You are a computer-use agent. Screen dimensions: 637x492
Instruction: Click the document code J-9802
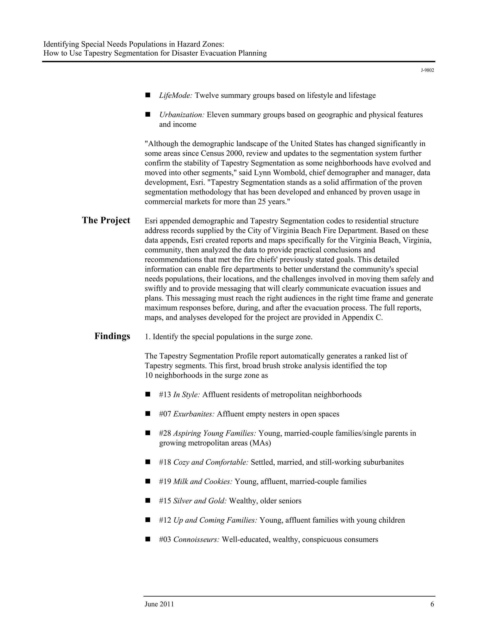coord(427,70)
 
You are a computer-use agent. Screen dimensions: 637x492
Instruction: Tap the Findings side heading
coord(112,336)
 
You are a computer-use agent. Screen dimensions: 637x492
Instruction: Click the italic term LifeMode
coord(175,95)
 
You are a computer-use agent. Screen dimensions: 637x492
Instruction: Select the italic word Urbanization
coord(182,115)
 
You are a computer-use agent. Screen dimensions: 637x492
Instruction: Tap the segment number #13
coord(165,395)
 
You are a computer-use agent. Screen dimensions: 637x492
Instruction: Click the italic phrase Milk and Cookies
coord(203,481)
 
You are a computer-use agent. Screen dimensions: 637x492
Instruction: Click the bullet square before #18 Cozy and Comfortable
coord(148,462)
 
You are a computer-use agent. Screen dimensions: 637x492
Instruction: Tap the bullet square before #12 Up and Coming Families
coord(148,520)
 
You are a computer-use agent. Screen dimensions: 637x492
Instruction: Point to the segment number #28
coord(165,433)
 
